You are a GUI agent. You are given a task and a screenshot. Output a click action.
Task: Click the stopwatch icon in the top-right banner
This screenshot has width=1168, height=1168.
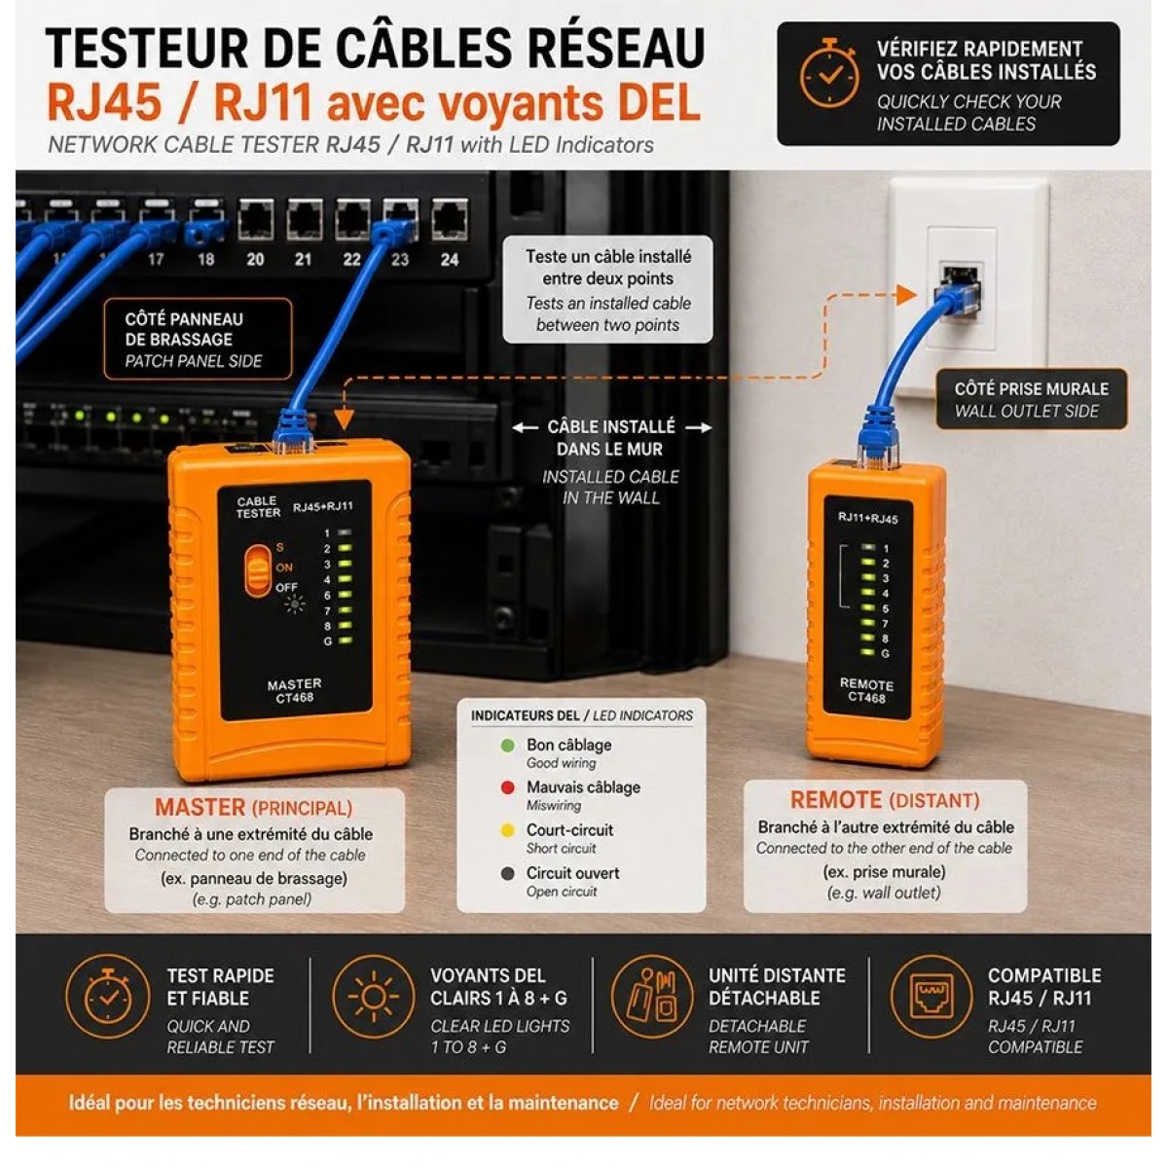pos(829,74)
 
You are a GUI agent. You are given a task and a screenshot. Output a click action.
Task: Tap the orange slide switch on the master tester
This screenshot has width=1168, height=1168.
pos(259,570)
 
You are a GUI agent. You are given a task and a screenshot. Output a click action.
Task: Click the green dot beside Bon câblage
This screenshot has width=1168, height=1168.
pos(508,746)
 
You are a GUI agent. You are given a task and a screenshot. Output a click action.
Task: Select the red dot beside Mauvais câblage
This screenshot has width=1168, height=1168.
pos(508,788)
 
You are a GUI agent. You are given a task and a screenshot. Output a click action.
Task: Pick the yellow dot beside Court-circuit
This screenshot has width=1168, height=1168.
pos(508,831)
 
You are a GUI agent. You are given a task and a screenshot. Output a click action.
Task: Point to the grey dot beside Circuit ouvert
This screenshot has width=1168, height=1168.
pos(508,873)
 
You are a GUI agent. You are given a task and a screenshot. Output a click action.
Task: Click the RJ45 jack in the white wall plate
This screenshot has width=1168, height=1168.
pos(961,288)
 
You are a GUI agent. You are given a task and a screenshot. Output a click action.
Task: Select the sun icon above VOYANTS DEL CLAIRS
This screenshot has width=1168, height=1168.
pos(374,997)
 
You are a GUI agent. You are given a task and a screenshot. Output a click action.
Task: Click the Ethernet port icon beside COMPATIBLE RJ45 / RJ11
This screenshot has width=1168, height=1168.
pos(931,997)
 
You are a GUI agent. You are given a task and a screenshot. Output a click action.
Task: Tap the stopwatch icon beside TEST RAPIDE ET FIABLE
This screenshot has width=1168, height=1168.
pos(107,997)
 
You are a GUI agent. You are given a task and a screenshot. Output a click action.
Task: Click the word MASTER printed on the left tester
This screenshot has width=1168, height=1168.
pos(295,684)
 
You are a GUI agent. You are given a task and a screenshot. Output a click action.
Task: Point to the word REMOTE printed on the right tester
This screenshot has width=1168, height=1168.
pos(867,685)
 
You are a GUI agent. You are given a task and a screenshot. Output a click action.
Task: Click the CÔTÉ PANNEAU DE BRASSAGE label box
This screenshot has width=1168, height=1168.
pos(198,340)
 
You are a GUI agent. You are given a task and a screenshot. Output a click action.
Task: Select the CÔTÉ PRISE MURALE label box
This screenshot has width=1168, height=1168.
pos(1031,399)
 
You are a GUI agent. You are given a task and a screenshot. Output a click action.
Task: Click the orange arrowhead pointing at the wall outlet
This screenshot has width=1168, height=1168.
pos(907,295)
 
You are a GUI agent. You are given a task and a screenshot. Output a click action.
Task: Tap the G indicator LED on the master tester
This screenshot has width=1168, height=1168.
pos(345,640)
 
